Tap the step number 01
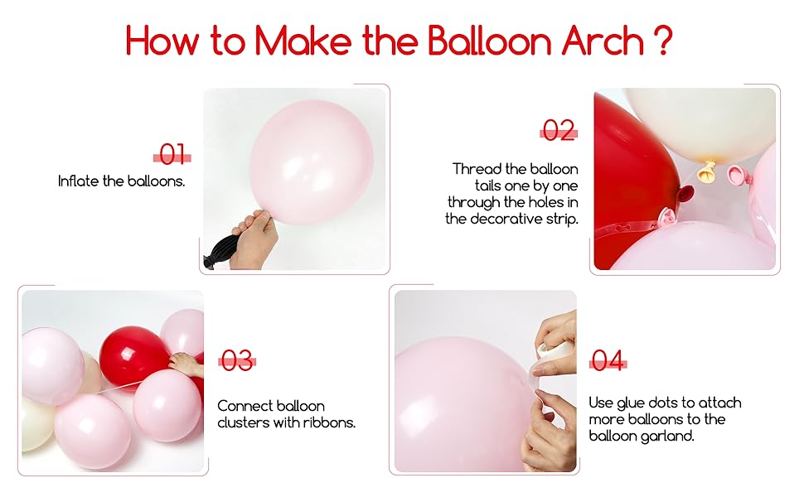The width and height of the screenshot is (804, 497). (172, 154)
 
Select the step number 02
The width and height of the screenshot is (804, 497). (559, 130)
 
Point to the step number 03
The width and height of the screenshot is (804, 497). (236, 360)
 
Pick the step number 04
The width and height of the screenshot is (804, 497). (608, 360)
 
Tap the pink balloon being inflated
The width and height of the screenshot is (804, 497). (311, 157)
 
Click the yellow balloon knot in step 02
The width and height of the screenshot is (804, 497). (707, 173)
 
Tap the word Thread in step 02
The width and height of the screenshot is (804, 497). (474, 169)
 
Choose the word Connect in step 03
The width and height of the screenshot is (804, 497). (243, 406)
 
